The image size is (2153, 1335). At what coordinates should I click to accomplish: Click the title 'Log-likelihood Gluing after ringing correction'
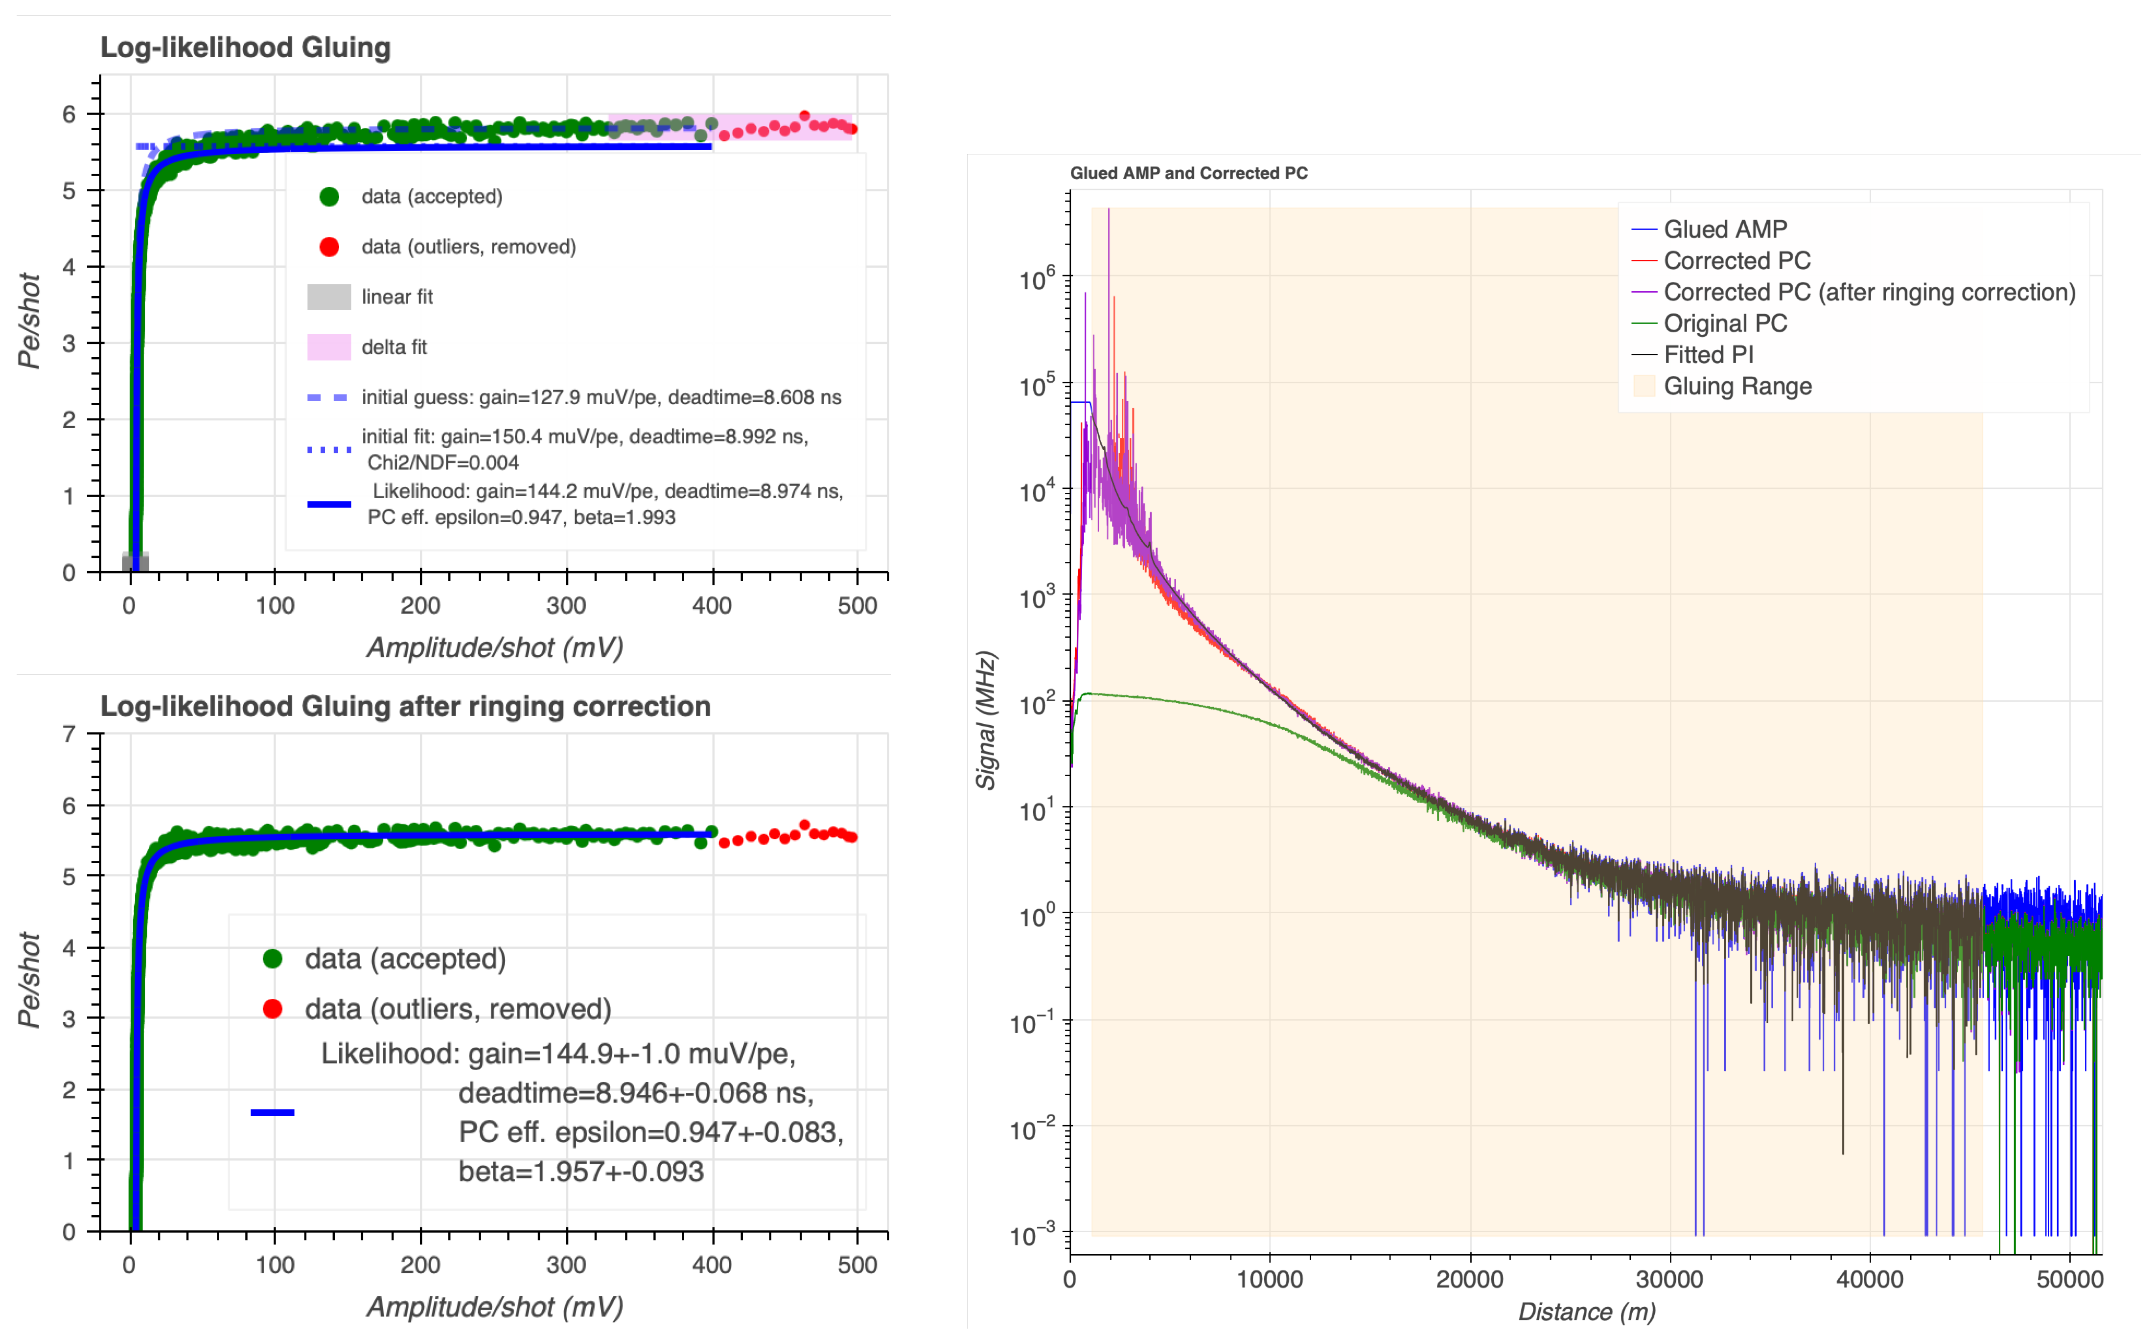405,706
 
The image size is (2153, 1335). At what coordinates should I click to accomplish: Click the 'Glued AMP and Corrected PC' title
1189,173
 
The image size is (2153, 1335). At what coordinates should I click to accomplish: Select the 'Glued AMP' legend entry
1725,230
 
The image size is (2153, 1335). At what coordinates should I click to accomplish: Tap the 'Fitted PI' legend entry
1708,355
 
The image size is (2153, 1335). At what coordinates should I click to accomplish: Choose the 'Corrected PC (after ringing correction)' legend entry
1869,292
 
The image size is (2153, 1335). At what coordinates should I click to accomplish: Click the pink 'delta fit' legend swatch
328,347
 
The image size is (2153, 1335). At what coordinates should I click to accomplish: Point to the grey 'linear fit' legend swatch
328,297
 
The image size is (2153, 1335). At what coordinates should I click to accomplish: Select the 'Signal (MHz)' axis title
986,719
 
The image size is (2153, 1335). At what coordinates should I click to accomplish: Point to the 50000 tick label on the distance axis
2069,1279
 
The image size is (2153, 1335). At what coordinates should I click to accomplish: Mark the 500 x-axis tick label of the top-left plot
857,606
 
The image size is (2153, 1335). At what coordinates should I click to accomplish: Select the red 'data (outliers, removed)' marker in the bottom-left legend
272,1008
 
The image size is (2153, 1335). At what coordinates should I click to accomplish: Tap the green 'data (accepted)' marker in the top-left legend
328,196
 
